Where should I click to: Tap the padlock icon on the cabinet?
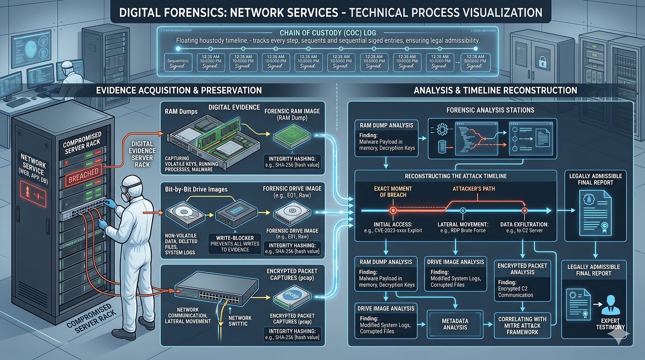[542, 62]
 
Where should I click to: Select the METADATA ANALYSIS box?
[455, 324]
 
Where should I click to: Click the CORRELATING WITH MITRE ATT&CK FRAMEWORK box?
[522, 325]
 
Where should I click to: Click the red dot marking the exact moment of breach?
[393, 210]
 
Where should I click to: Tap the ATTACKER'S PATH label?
[473, 189]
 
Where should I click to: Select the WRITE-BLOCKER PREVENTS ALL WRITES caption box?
[235, 244]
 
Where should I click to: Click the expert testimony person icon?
[610, 305]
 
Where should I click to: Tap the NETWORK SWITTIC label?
[240, 321]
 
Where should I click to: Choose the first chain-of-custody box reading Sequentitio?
[178, 63]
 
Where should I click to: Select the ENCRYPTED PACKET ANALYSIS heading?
[522, 269]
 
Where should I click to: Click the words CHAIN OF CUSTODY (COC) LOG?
[328, 33]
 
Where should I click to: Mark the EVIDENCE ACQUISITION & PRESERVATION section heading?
[179, 90]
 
